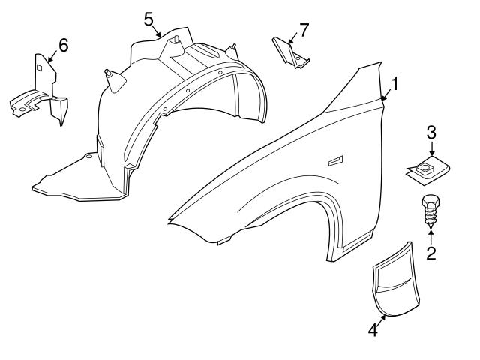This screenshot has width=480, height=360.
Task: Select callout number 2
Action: pos(430,253)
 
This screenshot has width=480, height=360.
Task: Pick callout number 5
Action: pos(149,16)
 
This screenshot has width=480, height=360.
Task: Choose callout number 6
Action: pos(63,45)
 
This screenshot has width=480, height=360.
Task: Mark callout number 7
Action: pos(304,30)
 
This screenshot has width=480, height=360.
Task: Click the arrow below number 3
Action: pos(431,151)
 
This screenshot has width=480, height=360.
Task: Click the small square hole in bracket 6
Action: pos(39,67)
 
